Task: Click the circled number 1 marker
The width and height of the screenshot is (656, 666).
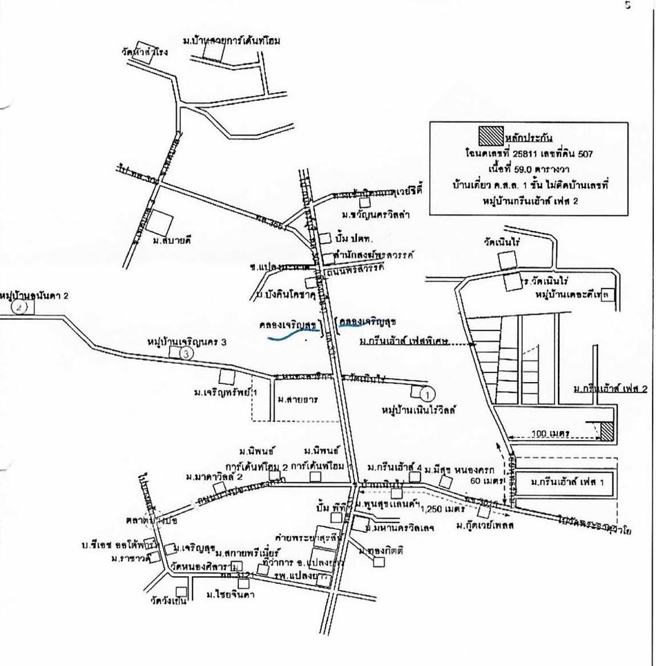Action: point(427,395)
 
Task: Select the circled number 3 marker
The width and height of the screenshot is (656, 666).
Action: point(186,353)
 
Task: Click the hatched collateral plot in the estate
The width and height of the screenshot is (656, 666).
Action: point(606,432)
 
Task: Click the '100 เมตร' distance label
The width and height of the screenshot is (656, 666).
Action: point(549,433)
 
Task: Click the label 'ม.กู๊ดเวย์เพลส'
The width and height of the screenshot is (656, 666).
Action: point(481,528)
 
